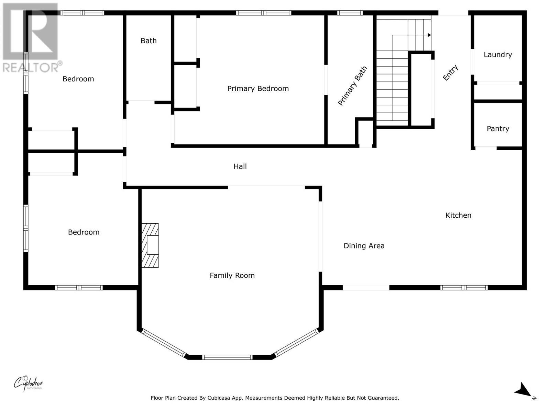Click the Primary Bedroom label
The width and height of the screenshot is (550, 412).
point(258,89)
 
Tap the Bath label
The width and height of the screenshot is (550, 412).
point(148,41)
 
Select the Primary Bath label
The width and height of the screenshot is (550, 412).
point(352,86)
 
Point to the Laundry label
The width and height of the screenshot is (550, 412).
point(498,55)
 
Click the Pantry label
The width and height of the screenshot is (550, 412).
point(498,129)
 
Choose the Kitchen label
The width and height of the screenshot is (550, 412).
point(458,215)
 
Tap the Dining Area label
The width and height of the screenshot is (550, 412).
point(364,246)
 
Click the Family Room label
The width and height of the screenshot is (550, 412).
point(232,276)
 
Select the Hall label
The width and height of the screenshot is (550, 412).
point(240,167)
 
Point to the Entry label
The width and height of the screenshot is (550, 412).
point(450,73)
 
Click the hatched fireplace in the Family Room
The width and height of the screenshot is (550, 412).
point(150,245)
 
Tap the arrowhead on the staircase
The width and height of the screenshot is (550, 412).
point(429,35)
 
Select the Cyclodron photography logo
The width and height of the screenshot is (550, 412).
point(28,383)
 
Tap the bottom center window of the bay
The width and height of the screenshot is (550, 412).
point(227,357)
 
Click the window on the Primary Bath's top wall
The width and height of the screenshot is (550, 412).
point(350,13)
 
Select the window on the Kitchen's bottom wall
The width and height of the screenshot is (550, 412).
point(464,288)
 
